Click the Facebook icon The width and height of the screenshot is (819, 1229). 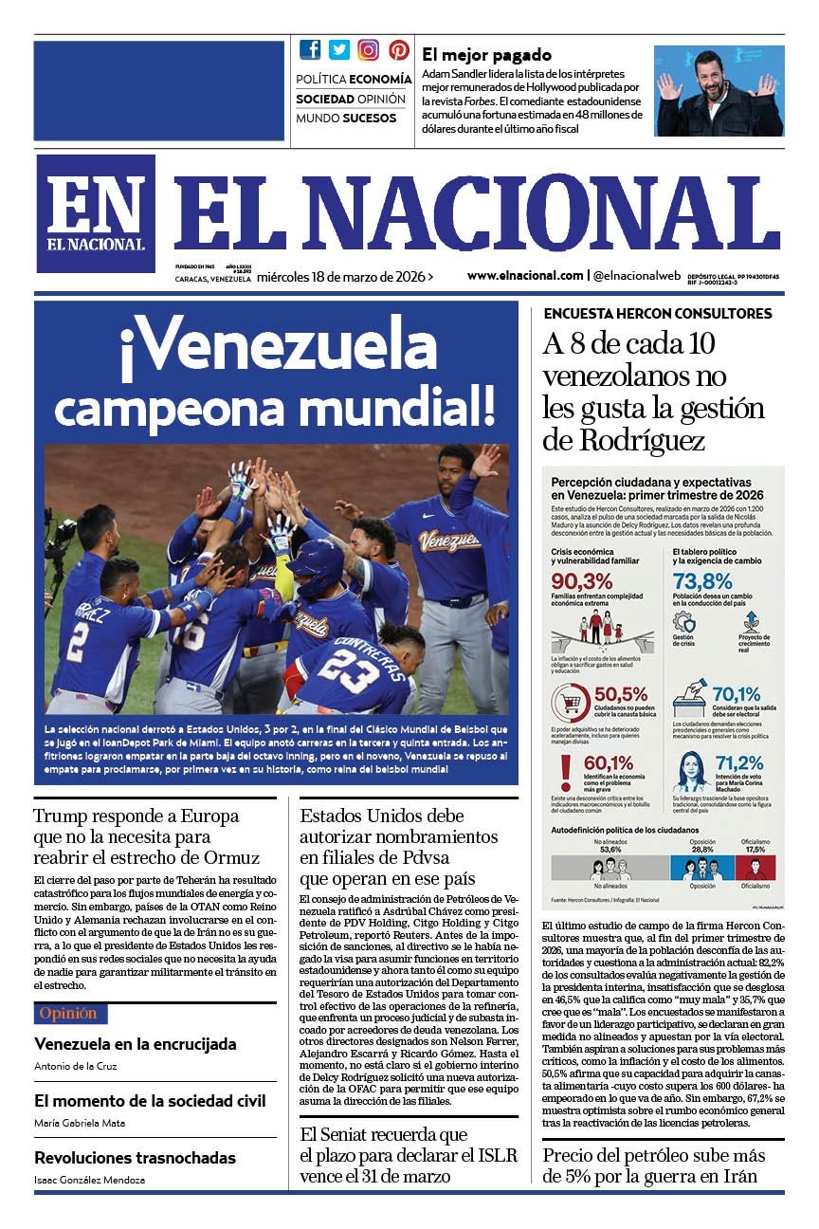tap(310, 50)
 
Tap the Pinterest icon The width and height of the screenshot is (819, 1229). tap(399, 50)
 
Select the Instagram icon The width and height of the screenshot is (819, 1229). tap(369, 50)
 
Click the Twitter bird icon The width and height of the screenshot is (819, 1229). tap(339, 50)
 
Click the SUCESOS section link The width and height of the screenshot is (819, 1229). tap(370, 119)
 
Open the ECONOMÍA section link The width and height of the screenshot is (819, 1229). tap(380, 79)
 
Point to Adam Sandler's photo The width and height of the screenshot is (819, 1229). tap(719, 91)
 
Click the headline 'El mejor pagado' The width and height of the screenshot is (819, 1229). tap(486, 55)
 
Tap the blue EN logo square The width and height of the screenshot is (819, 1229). tap(96, 213)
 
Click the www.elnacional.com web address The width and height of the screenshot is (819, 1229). tap(524, 276)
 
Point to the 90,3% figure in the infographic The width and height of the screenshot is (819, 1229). tap(582, 581)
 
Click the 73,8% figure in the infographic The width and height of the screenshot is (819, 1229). tap(702, 581)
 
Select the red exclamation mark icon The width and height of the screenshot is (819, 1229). tap(567, 770)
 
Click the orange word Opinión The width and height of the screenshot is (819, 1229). tap(67, 1014)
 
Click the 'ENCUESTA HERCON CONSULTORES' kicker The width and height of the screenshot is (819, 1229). tap(657, 314)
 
